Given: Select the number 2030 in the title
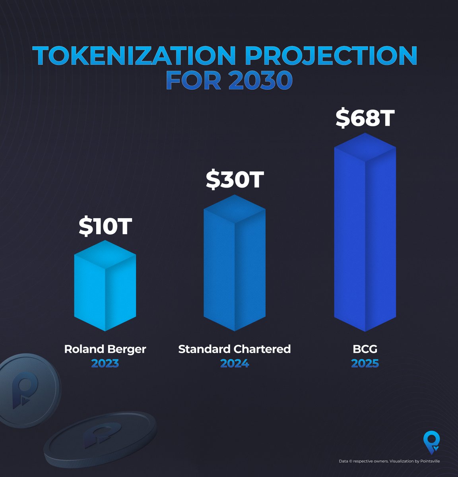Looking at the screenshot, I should click(260, 80).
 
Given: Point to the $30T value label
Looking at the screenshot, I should click(235, 180).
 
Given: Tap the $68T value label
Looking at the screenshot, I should click(365, 118).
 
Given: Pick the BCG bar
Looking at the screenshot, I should click(365, 238).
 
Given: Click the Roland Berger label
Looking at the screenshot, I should click(105, 349).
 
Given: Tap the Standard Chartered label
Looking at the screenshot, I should click(235, 349).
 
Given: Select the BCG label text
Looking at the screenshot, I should click(365, 349).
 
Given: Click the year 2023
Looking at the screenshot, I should click(105, 363).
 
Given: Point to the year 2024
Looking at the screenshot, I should click(235, 363).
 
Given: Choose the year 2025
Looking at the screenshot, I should click(365, 363).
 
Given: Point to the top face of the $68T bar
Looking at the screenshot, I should click(365, 147).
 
